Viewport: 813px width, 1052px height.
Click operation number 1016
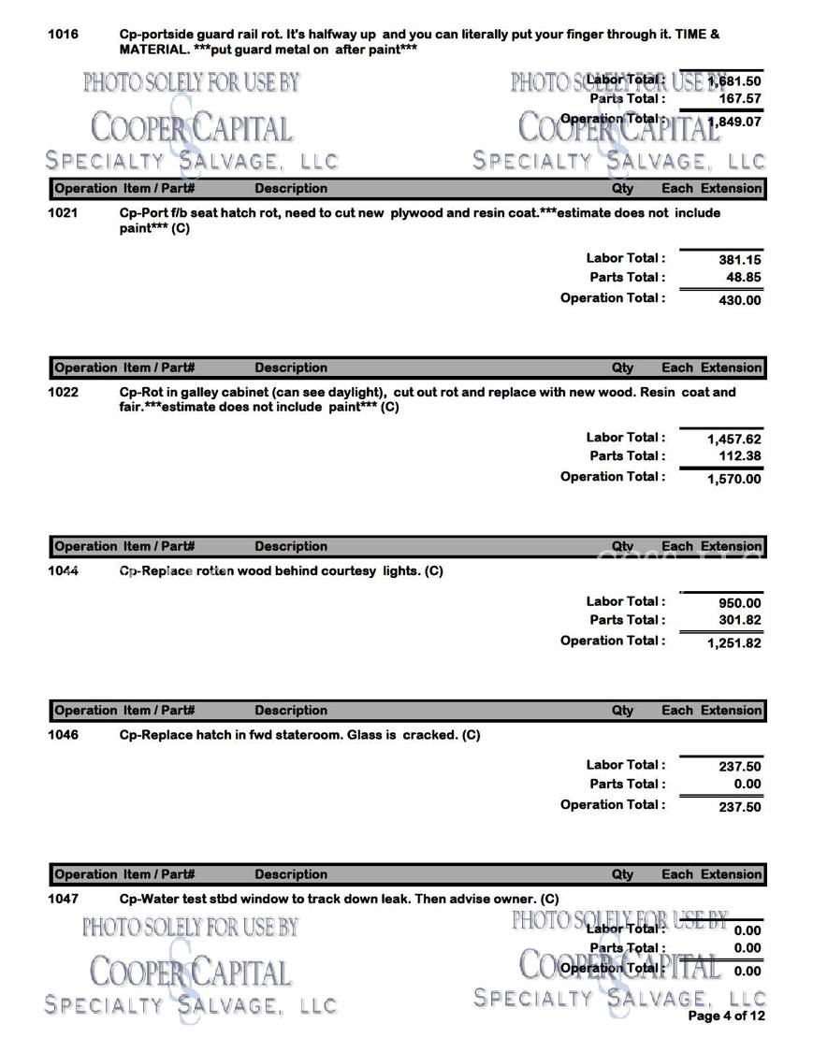pyautogui.click(x=63, y=35)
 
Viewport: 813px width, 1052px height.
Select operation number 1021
pyautogui.click(x=63, y=213)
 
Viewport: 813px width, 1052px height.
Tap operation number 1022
pyautogui.click(x=63, y=393)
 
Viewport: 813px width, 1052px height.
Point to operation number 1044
pyautogui.click(x=63, y=571)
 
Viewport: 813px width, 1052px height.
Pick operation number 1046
pyautogui.click(x=63, y=735)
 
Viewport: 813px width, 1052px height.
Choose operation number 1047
pyautogui.click(x=63, y=900)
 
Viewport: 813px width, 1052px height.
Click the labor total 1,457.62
pyautogui.click(x=733, y=440)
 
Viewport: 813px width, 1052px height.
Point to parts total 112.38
pyautogui.click(x=739, y=457)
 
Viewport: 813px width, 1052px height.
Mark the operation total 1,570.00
pyautogui.click(x=733, y=480)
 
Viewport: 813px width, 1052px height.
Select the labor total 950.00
pyautogui.click(x=739, y=604)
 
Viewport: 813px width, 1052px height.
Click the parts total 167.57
pyautogui.click(x=739, y=98)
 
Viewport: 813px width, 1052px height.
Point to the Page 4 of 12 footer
pyautogui.click(x=726, y=1016)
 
